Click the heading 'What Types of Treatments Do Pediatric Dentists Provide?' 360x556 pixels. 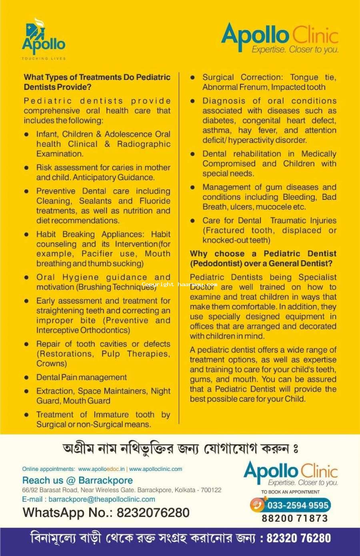point(97,82)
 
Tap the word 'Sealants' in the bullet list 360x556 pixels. point(95,201)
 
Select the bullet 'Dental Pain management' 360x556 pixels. point(81,377)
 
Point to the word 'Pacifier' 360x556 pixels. point(97,254)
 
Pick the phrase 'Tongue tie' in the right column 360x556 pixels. point(313,78)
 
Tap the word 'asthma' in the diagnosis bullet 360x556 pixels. point(216,130)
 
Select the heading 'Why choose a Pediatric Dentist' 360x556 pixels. point(263,254)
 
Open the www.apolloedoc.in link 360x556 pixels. point(101,469)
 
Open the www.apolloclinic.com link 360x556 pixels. point(156,469)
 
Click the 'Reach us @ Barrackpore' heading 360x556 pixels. point(78,480)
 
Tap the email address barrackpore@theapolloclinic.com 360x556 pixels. point(102,499)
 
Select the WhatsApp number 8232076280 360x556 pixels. point(153,513)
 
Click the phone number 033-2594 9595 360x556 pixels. point(298,505)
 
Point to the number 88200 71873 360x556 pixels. point(295,518)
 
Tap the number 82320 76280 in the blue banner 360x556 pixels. point(298,538)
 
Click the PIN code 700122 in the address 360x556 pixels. point(212,490)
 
